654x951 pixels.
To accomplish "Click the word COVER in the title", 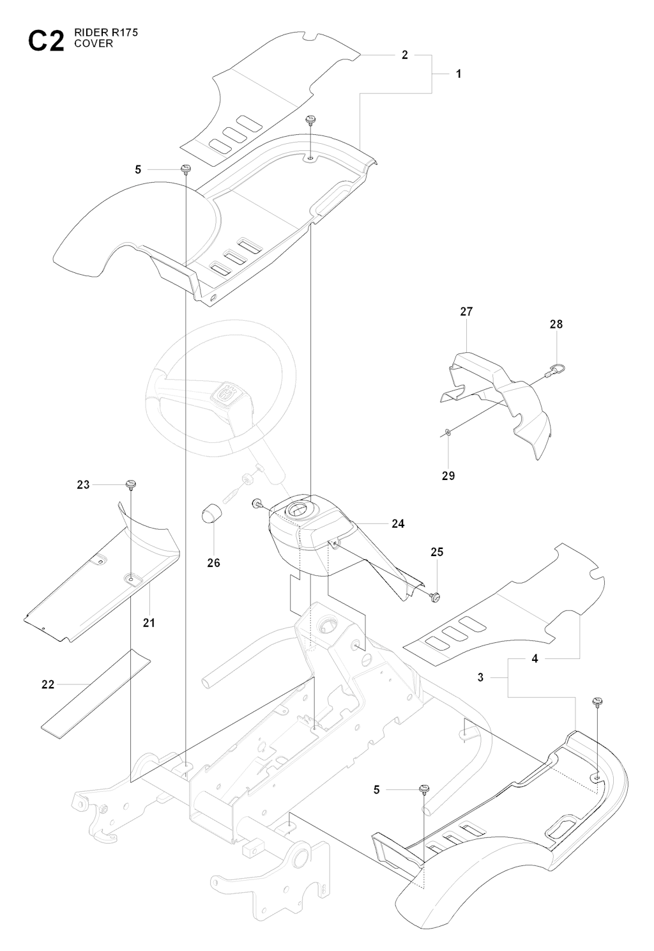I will [x=97, y=44].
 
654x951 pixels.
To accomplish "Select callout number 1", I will [x=459, y=74].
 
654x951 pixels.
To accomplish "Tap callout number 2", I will [x=405, y=56].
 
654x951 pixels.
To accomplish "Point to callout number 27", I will [x=466, y=312].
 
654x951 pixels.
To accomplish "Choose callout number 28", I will [x=556, y=324].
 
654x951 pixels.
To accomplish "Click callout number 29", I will [x=448, y=476].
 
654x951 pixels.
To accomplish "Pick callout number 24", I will [x=398, y=524].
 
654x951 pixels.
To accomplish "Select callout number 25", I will [x=437, y=552].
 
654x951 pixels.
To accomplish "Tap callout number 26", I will [x=213, y=563].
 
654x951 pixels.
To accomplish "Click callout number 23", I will [x=84, y=485].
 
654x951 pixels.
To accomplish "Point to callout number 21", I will [x=149, y=622].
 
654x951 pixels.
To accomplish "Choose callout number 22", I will [x=48, y=684].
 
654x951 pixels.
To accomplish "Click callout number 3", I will [x=481, y=677].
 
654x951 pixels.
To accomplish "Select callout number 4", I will [x=535, y=658].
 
